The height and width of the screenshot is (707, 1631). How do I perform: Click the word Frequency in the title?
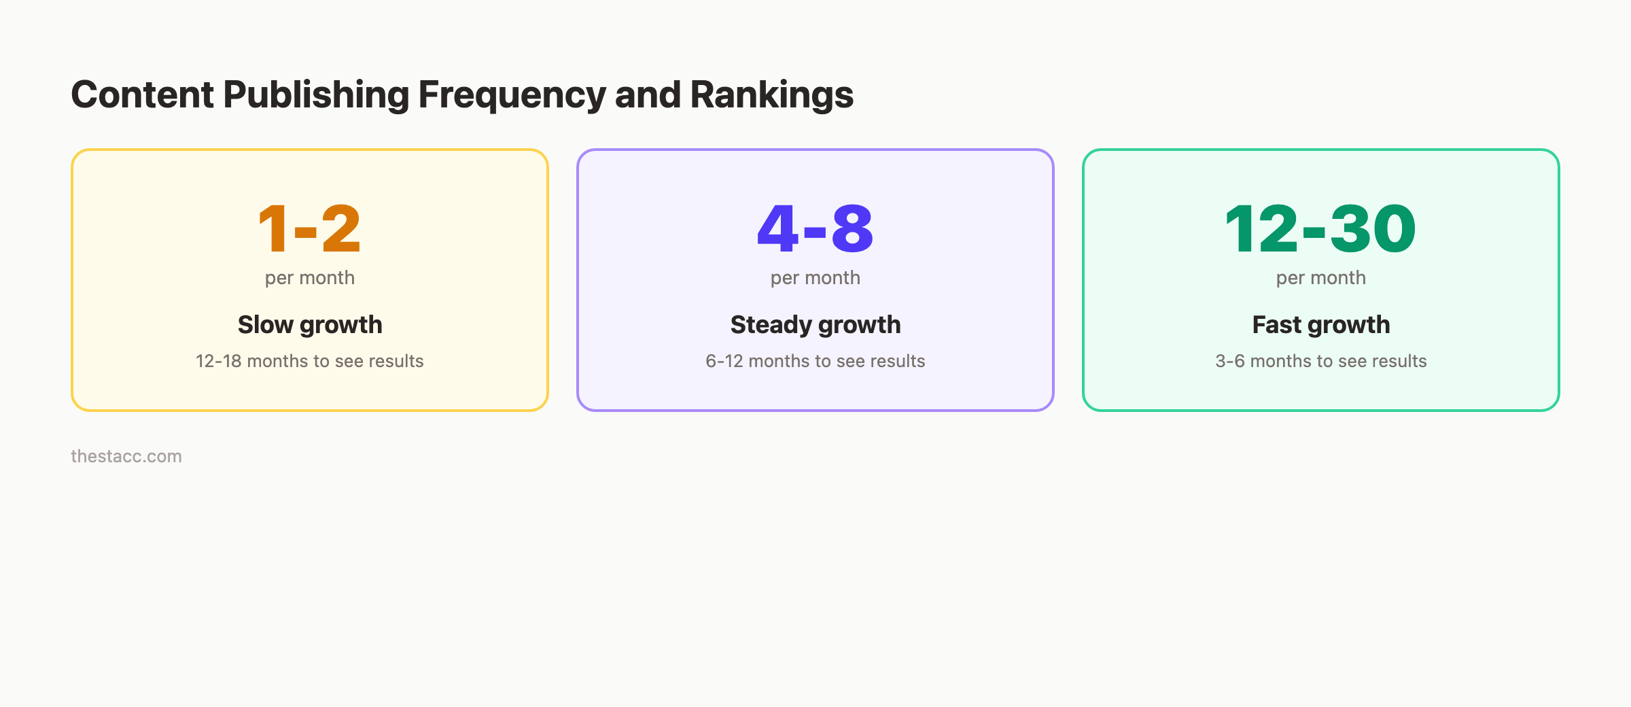coord(511,94)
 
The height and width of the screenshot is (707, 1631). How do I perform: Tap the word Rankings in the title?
coord(771,94)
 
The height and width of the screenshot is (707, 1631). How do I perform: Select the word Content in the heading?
coord(143,94)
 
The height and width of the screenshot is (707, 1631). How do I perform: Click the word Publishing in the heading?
coord(316,94)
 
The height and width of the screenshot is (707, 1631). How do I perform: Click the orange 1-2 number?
coord(309,229)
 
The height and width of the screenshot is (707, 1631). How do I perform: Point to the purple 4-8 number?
coord(815,229)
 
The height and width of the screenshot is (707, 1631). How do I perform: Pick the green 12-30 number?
coord(1320,229)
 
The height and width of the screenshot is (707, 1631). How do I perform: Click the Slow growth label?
coord(310,325)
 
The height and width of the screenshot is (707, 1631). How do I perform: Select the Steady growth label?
coord(815,325)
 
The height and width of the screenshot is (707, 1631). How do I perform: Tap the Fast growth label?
coord(1321,325)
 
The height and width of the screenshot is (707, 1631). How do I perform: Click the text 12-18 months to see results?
coord(310,361)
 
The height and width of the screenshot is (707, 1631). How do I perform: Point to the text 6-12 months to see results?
coord(815,361)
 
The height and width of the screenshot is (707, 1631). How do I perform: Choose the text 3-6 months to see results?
coord(1321,361)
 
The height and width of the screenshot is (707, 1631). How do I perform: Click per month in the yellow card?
coord(310,278)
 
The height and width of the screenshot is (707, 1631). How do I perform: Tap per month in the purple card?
coord(815,278)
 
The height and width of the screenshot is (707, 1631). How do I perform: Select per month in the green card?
coord(1321,278)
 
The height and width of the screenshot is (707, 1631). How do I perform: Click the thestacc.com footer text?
coord(126,456)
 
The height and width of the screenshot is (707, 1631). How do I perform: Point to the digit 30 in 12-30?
coord(1373,229)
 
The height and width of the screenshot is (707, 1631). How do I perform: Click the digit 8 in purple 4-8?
coord(852,229)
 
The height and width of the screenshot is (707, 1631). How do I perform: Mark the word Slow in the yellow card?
coord(265,325)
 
